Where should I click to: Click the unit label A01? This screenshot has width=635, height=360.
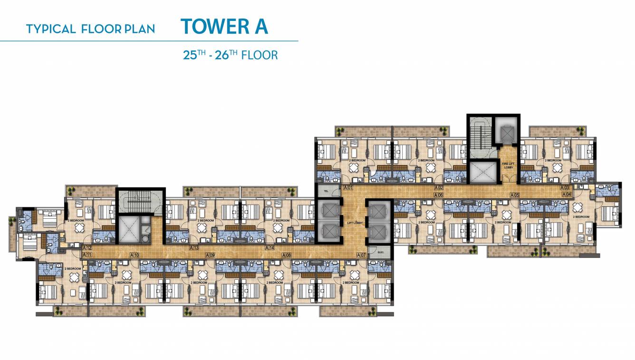click(x=348, y=188)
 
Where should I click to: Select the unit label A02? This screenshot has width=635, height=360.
click(x=439, y=188)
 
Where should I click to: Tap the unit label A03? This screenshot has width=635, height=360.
click(x=564, y=188)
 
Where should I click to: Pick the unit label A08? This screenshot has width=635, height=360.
click(x=286, y=255)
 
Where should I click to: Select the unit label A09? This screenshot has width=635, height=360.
click(x=211, y=255)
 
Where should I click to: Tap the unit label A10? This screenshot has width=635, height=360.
click(x=135, y=255)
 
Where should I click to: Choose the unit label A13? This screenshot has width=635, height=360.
click(x=194, y=248)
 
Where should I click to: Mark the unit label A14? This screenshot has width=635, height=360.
click(x=270, y=248)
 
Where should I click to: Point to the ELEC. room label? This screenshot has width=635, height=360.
click(x=382, y=252)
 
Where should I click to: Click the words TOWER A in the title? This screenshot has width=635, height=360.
click(x=224, y=27)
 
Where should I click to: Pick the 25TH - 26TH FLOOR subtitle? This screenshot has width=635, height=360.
click(x=231, y=55)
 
